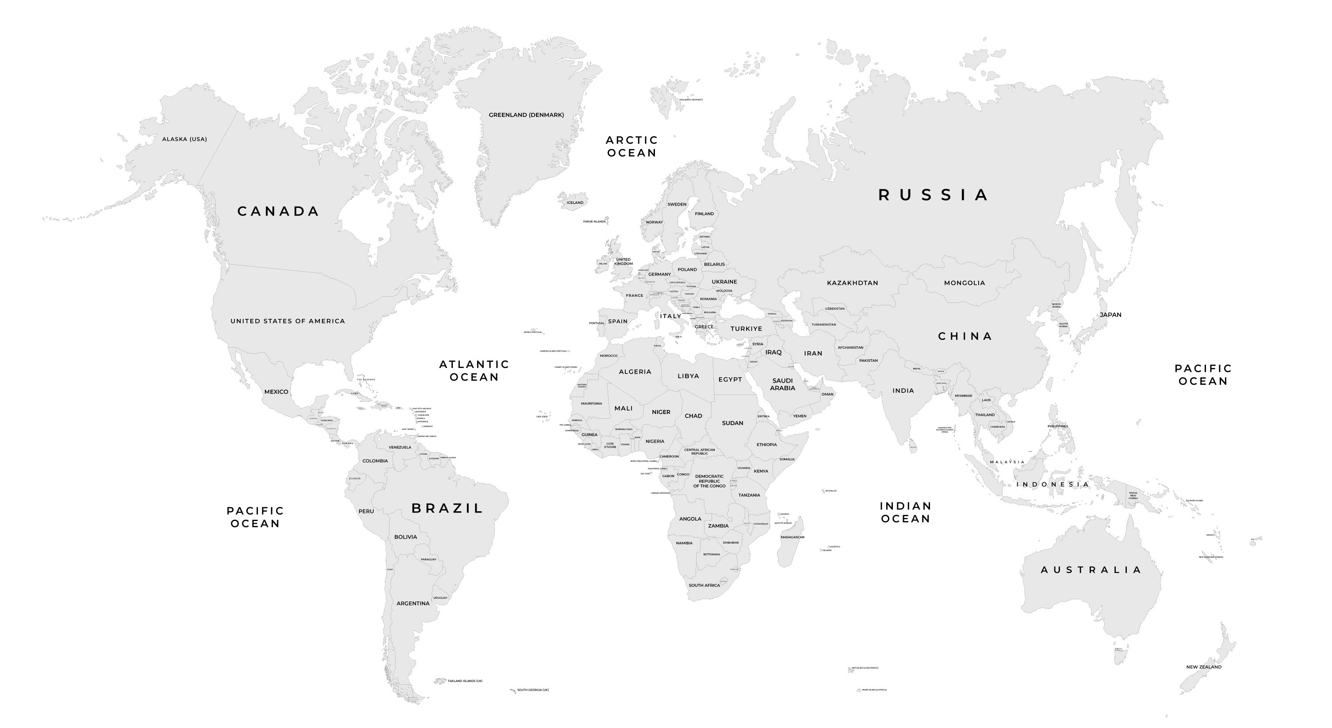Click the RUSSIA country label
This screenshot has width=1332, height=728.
pyautogui.click(x=934, y=195)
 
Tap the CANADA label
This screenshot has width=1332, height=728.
pyautogui.click(x=278, y=211)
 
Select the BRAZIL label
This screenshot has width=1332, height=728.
pyautogui.click(x=447, y=509)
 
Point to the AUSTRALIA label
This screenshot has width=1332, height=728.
pyautogui.click(x=1091, y=570)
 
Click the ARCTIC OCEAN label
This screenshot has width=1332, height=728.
pyautogui.click(x=632, y=147)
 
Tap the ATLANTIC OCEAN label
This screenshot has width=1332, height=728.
pyautogui.click(x=474, y=371)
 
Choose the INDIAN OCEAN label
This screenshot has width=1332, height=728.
pyautogui.click(x=905, y=513)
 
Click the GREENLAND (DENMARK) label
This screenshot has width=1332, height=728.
pyautogui.click(x=526, y=115)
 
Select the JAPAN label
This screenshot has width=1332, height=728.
pyautogui.click(x=1110, y=315)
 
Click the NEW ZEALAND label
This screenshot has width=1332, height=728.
pyautogui.click(x=1204, y=667)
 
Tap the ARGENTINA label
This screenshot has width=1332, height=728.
pyautogui.click(x=413, y=604)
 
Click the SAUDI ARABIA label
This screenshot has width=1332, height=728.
pyautogui.click(x=782, y=385)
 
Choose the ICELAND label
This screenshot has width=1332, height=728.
pyautogui.click(x=575, y=203)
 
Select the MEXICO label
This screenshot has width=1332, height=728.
pyautogui.click(x=276, y=392)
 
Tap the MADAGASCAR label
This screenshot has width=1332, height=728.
pyautogui.click(x=792, y=538)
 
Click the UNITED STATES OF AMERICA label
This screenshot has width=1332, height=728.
pyautogui.click(x=287, y=322)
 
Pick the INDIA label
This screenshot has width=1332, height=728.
pyautogui.click(x=903, y=391)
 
